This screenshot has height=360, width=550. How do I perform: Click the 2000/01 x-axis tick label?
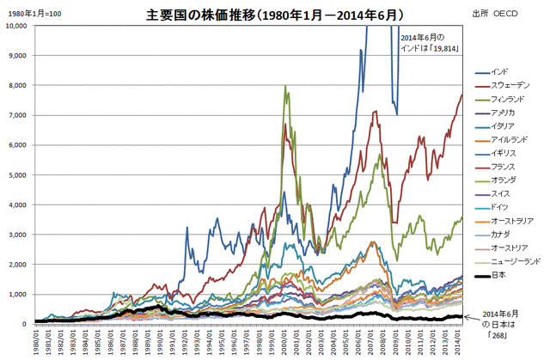coord(283,341)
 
